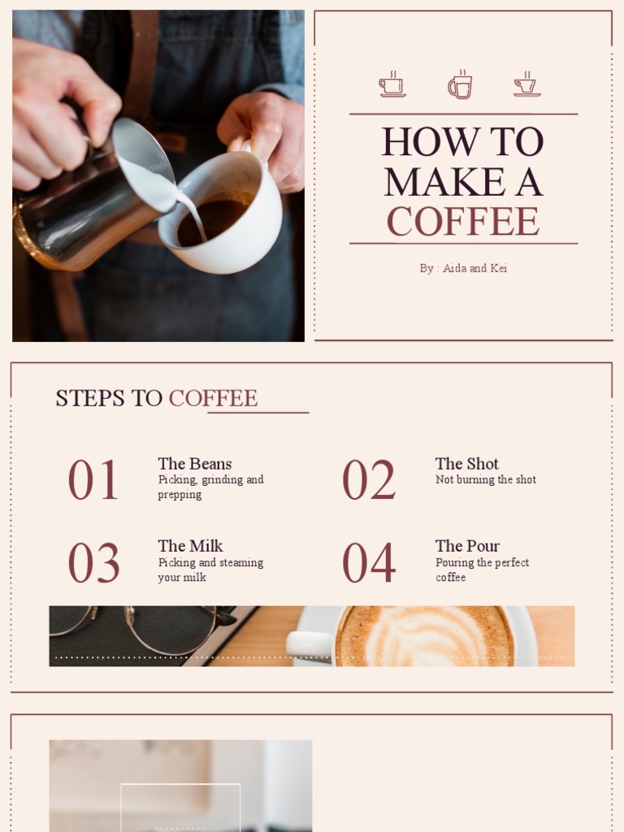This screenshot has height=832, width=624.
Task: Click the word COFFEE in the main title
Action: click(x=462, y=221)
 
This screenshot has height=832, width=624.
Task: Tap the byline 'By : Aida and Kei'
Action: click(x=463, y=268)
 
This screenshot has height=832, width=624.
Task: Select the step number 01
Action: click(x=93, y=479)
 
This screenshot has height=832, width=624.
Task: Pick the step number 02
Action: click(x=368, y=479)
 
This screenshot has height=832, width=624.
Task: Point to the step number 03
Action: click(x=93, y=563)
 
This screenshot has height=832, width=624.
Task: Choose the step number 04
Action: click(x=369, y=563)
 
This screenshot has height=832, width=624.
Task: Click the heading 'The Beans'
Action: click(x=194, y=464)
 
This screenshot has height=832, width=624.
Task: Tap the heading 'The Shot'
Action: click(x=467, y=464)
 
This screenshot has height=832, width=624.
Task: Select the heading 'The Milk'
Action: click(x=190, y=546)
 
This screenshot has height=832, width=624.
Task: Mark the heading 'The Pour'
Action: click(x=467, y=546)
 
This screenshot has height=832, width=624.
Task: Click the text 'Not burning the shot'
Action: click(x=486, y=480)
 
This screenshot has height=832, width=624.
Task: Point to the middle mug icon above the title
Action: click(x=460, y=84)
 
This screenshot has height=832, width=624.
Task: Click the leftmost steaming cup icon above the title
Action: click(x=392, y=84)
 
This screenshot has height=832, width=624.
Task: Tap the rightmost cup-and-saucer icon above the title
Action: click(x=526, y=84)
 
